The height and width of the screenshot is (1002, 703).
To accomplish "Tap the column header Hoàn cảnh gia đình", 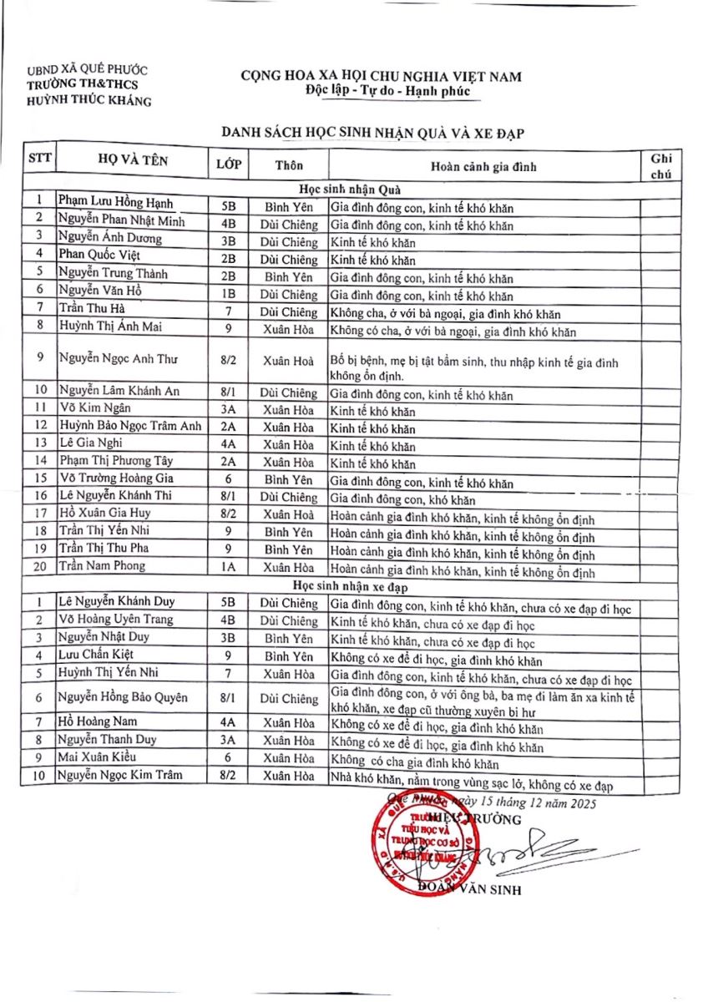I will click(x=483, y=166).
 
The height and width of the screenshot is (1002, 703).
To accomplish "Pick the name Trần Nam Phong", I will click(x=102, y=566).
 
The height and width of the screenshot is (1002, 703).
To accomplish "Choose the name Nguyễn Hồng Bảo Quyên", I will click(x=123, y=698).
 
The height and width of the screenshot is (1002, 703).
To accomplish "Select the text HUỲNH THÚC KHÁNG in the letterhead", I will click(x=89, y=101).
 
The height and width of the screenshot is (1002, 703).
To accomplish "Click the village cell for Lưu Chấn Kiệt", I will click(x=289, y=656).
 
